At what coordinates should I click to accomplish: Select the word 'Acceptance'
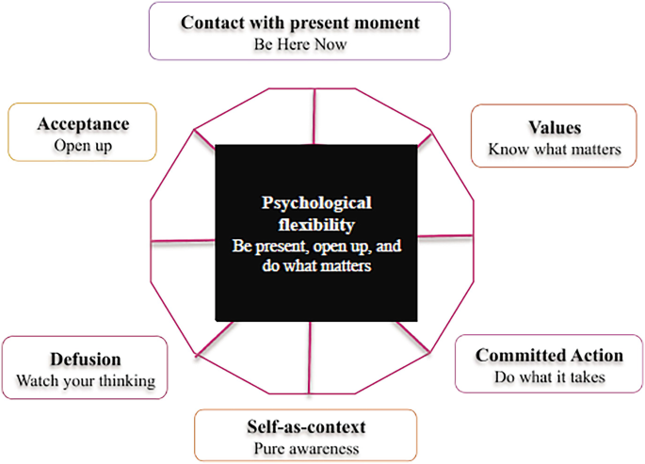point(83,124)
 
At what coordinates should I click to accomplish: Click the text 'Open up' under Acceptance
point(83,146)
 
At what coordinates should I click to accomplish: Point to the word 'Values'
point(555,128)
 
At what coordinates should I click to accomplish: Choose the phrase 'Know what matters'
point(555,149)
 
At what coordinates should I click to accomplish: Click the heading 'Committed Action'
point(549,356)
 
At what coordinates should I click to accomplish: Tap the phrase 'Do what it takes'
point(549,376)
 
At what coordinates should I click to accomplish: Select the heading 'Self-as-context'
point(306,427)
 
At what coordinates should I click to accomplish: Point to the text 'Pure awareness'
point(306,448)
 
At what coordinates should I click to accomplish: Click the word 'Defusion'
point(86,360)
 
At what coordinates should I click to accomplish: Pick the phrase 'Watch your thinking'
point(86,381)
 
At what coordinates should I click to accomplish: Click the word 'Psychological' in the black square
point(317,203)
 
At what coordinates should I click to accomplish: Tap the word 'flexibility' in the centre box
point(317,225)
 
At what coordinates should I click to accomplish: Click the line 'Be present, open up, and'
point(317,246)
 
